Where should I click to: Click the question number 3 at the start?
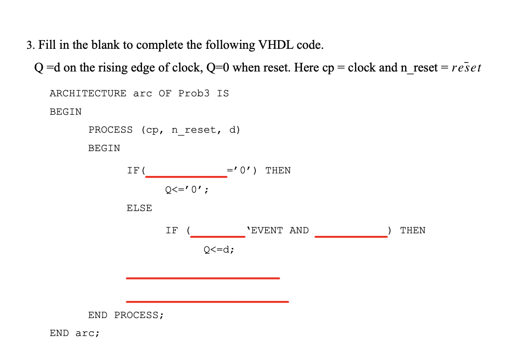point(29,45)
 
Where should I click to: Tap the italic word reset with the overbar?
point(466,68)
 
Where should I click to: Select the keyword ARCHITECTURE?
point(88,93)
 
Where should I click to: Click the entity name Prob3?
point(194,93)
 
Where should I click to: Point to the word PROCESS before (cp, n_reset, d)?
point(110,130)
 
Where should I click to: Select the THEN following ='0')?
point(278,170)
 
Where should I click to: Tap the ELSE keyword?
point(139,208)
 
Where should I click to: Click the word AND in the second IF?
point(299,230)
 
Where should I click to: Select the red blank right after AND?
point(351,236)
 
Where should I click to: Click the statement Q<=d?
point(219,249)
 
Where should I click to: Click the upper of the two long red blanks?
point(203,278)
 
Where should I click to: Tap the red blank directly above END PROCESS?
point(207,302)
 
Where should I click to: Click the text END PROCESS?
point(126,315)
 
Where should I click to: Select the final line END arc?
point(74,333)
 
